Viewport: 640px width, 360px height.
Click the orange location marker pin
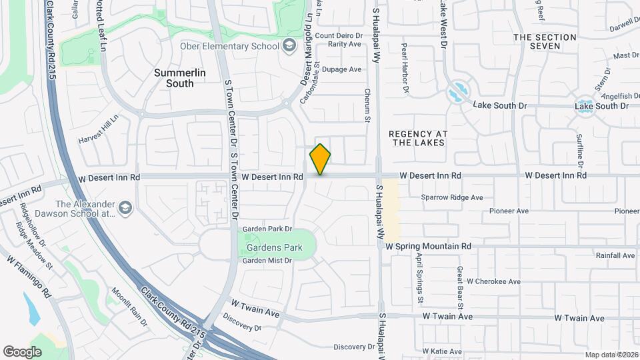coord(320,159)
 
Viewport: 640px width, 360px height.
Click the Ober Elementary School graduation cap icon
coord(289,45)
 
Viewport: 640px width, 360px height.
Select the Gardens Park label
coord(275,247)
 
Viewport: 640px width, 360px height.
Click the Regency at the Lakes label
coord(419,138)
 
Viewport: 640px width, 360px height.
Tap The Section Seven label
coord(544,41)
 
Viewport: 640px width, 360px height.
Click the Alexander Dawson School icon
coord(125,209)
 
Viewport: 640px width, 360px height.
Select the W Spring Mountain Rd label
coord(428,246)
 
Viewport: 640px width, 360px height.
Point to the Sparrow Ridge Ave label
coord(452,197)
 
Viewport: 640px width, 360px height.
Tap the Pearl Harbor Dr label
coord(405,68)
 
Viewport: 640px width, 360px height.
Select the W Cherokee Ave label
coord(494,281)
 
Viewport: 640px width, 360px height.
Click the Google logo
coord(22,351)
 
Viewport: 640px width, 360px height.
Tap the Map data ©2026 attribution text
coord(611,355)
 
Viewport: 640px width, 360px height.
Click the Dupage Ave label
coord(341,69)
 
